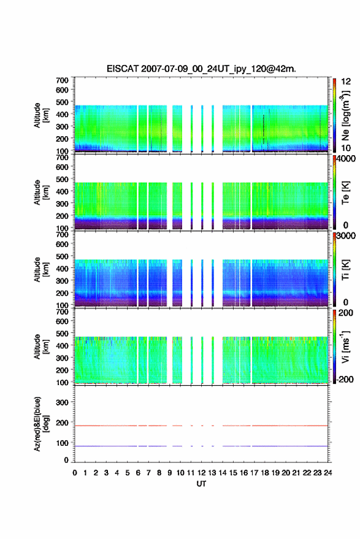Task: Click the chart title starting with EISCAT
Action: pyautogui.click(x=201, y=69)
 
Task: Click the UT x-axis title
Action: pyautogui.click(x=202, y=484)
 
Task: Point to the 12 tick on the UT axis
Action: pyautogui.click(x=202, y=473)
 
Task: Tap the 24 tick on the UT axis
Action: pyautogui.click(x=328, y=473)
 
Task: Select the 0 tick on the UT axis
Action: pyautogui.click(x=75, y=473)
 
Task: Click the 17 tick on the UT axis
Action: pyautogui.click(x=254, y=473)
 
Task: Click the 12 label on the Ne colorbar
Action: pyautogui.click(x=347, y=82)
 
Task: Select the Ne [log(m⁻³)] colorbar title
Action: pyautogui.click(x=345, y=116)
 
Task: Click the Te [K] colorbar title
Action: pyautogui.click(x=345, y=193)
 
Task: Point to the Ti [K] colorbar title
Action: pyautogui.click(x=345, y=270)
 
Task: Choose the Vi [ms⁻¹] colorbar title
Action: pyautogui.click(x=345, y=346)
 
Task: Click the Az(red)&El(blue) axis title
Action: pyautogui.click(x=41, y=424)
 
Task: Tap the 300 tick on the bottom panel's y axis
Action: pyautogui.click(x=62, y=402)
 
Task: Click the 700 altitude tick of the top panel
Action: pyautogui.click(x=62, y=80)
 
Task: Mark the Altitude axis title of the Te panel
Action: pyautogui.click(x=41, y=193)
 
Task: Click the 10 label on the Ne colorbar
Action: pyautogui.click(x=347, y=148)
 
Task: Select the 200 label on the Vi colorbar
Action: pyautogui.click(x=345, y=313)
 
